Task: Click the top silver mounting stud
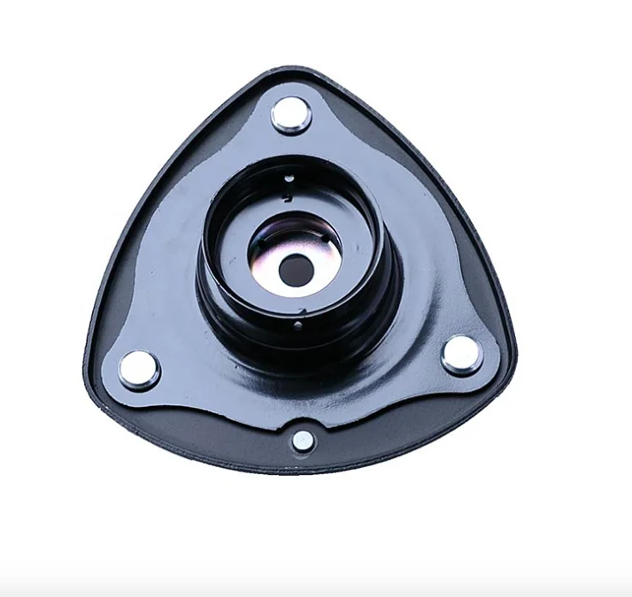click(x=290, y=114)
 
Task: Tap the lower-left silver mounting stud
click(x=139, y=368)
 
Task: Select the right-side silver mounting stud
click(x=461, y=354)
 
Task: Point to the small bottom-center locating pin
click(x=303, y=440)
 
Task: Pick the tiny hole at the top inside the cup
click(x=289, y=179)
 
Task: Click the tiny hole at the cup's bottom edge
click(x=297, y=324)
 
